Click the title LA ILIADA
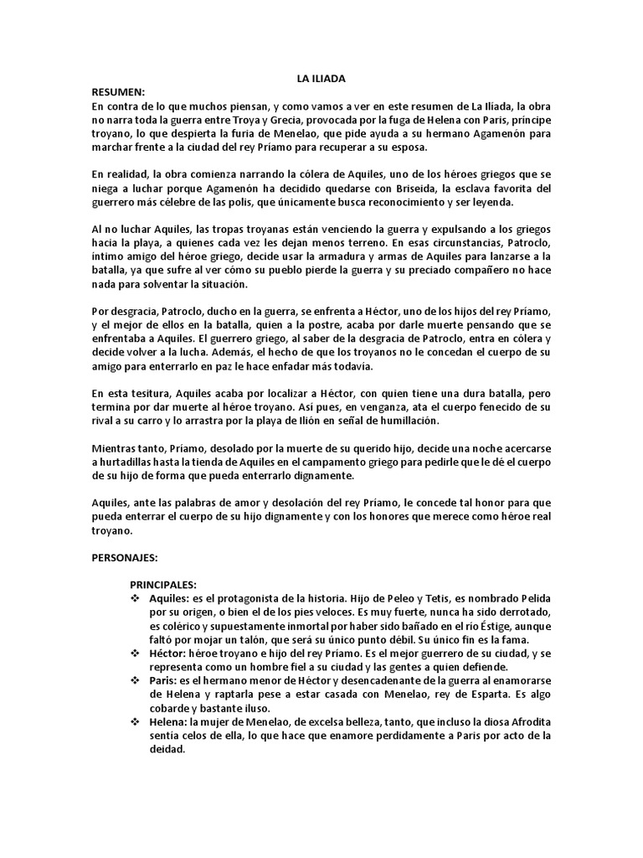pyautogui.click(x=321, y=79)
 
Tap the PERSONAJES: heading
pyautogui.click(x=127, y=556)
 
